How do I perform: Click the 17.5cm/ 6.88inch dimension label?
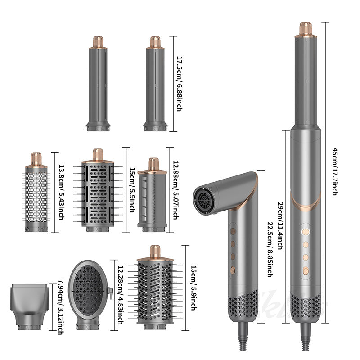[x=179, y=84]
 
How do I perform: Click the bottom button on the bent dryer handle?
[x=233, y=271]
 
